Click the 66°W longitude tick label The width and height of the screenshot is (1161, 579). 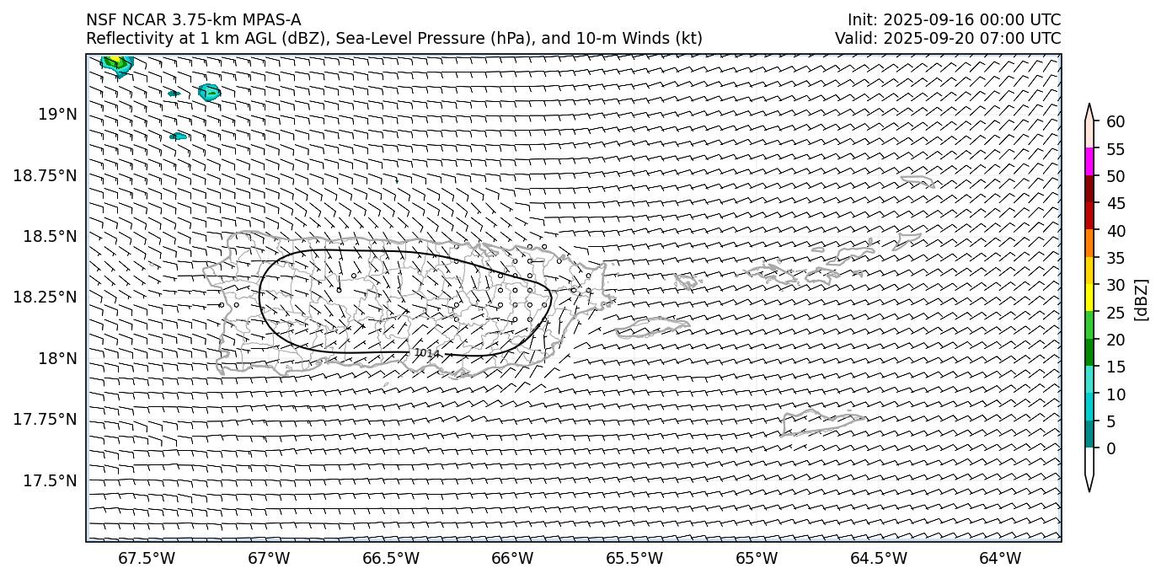pos(512,558)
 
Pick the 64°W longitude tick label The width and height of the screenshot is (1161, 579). pos(1000,558)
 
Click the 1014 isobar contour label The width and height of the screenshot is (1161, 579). pos(427,353)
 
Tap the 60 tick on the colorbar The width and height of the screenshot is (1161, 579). pos(1116,122)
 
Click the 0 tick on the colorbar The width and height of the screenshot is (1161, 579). pos(1110,448)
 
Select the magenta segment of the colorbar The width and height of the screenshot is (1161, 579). pos(1089,162)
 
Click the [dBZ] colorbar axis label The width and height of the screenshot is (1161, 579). pos(1142,299)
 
